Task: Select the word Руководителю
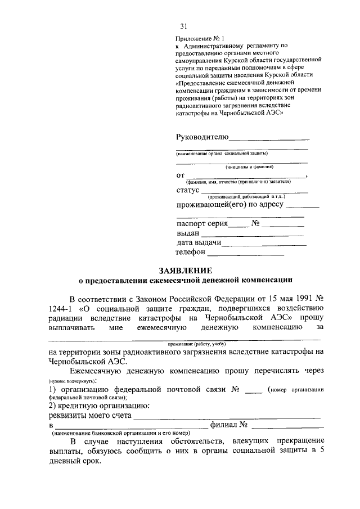point(202,137)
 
